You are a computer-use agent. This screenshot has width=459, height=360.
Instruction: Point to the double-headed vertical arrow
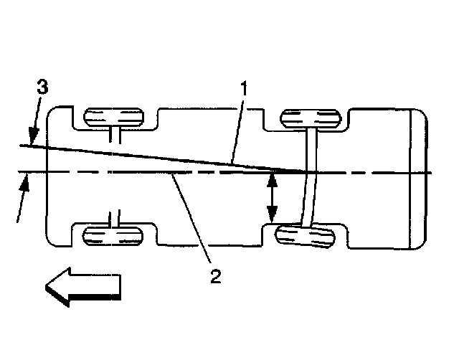272,196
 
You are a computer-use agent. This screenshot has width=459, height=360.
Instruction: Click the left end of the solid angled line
22,146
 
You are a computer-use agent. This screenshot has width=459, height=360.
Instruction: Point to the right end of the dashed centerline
430,172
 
